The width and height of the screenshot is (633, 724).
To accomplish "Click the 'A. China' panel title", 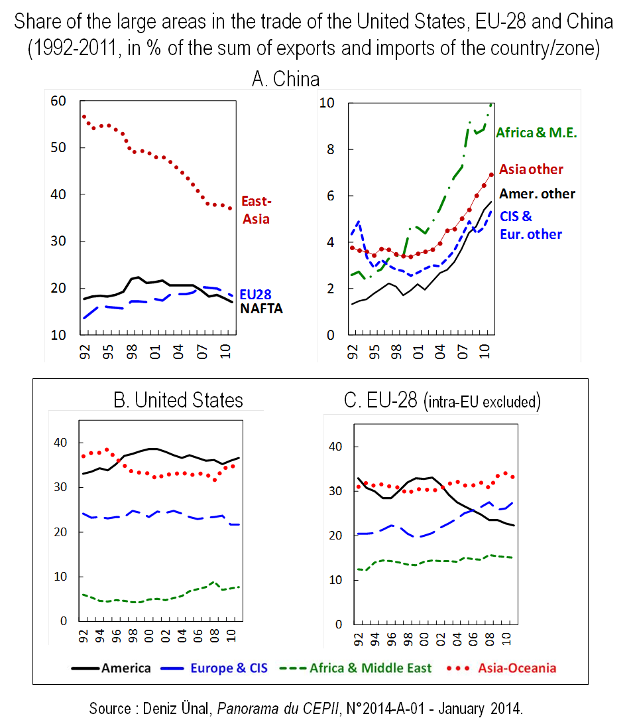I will tap(286, 80).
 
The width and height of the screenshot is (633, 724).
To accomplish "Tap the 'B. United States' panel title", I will tap(178, 400).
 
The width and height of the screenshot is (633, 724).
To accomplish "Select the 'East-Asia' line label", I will tap(256, 209).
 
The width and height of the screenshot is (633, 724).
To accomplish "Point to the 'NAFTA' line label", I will tap(261, 308).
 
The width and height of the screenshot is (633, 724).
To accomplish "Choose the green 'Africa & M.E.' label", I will tap(537, 133).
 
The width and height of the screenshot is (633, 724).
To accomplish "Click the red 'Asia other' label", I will tap(531, 169).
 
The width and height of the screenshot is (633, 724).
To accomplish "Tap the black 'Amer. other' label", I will tap(537, 194).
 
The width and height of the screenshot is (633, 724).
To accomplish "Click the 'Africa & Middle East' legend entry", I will tap(371, 668).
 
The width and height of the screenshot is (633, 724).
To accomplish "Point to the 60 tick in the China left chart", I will tap(59, 101).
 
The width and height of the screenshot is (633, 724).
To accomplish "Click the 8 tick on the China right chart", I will tap(326, 150).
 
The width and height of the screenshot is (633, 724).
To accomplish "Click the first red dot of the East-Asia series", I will tap(84, 117).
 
